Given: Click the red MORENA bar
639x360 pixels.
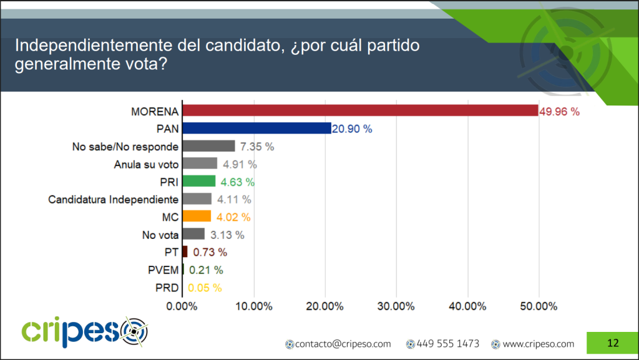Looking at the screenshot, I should (x=359, y=111).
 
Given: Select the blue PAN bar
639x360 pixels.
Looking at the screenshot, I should (x=256, y=129).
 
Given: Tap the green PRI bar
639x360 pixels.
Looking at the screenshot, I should (x=198, y=182).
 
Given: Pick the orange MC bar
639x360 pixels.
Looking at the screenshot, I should (x=197, y=217).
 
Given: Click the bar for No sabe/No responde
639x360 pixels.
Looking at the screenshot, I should (x=208, y=147).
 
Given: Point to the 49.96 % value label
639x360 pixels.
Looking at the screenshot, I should (x=559, y=112).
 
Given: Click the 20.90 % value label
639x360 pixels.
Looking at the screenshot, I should (x=352, y=129).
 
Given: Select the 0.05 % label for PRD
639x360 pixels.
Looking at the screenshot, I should (x=205, y=288).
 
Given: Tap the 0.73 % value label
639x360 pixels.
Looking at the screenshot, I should (x=210, y=253).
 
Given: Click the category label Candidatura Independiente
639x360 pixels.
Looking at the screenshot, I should (x=114, y=200).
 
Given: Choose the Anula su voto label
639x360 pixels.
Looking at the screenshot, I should (x=147, y=164).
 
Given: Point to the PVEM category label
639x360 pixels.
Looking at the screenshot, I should (x=163, y=270).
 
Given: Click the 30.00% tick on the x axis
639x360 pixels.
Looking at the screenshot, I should (x=396, y=306).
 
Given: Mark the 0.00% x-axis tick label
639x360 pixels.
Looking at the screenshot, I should (x=182, y=306).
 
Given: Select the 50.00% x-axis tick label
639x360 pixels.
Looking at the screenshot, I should (x=539, y=306).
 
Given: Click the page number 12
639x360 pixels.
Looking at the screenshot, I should (x=612, y=343).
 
